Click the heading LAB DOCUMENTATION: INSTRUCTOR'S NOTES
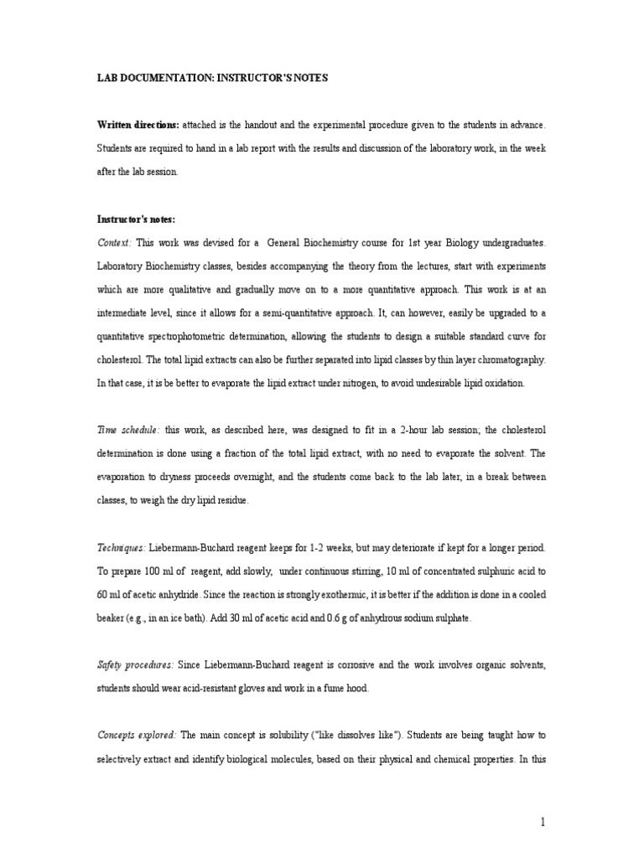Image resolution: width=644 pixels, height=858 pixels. [x=213, y=78]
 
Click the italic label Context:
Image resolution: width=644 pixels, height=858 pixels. [x=115, y=242]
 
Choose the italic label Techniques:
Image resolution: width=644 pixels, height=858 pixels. [x=122, y=547]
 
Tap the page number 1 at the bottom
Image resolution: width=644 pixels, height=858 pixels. [x=543, y=822]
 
